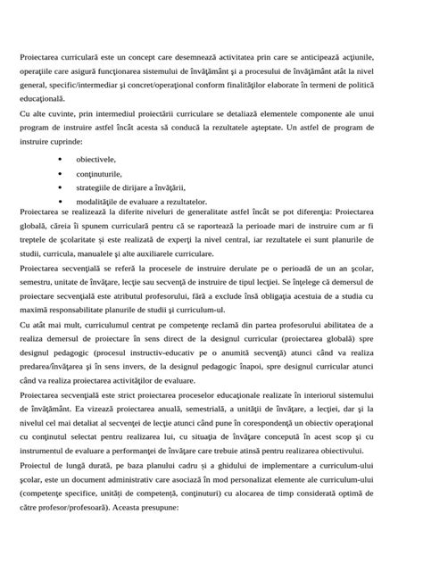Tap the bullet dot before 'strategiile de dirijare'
coord(59,188)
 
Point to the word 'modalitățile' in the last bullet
coord(99,203)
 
